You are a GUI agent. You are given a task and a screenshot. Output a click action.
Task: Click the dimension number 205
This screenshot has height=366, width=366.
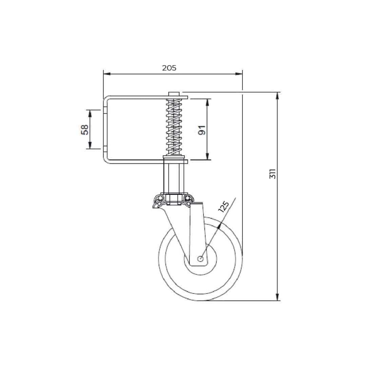[x=169, y=68]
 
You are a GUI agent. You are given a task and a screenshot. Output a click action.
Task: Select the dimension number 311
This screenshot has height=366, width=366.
[x=272, y=174]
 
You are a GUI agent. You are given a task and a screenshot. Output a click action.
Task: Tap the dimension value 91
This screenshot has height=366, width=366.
[x=201, y=129]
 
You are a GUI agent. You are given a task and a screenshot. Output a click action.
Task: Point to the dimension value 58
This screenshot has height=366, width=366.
[x=85, y=129]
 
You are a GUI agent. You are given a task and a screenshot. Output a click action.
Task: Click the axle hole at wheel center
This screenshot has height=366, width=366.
[x=200, y=259]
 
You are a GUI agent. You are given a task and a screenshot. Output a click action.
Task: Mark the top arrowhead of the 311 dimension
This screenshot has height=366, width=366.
[x=278, y=95]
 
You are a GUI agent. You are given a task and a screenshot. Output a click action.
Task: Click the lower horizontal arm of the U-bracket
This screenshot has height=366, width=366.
[x=136, y=161]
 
